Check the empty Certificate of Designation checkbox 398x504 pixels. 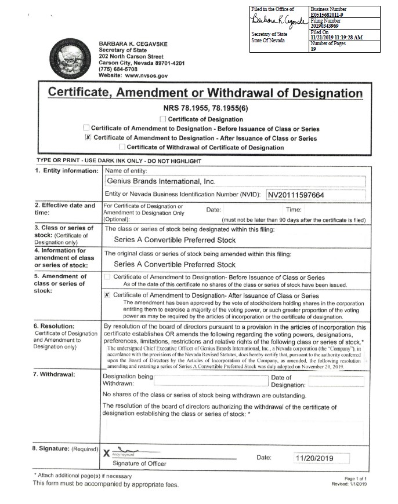click(x=162, y=119)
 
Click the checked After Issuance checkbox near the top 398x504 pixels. click(x=88, y=138)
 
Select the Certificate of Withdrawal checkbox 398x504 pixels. click(x=122, y=147)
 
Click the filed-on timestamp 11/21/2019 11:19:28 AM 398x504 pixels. click(x=337, y=37)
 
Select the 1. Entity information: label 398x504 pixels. click(x=66, y=171)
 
